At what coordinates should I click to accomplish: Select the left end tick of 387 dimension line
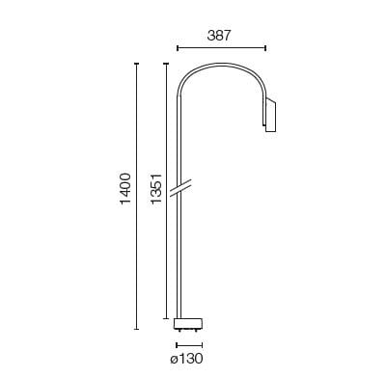177,47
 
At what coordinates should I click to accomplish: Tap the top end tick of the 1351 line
166,64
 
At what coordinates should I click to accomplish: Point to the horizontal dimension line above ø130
188,343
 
